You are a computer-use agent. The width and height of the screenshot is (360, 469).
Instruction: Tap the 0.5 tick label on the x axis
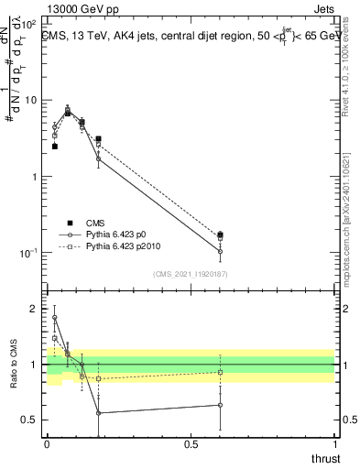click(191, 444)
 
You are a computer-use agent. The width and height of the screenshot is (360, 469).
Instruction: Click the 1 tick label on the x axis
click(334, 444)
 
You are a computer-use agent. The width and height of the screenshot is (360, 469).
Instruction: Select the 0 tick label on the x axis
click(47, 444)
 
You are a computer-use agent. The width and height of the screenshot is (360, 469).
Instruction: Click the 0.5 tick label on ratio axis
click(30, 420)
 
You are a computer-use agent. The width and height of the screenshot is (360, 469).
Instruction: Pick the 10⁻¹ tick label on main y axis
click(29, 253)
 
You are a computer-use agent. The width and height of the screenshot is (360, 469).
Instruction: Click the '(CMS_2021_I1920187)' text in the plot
click(191, 274)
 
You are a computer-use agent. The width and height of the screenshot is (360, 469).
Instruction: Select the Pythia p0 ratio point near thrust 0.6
click(220, 405)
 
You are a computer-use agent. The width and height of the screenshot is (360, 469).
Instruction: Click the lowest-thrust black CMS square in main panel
click(55, 146)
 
